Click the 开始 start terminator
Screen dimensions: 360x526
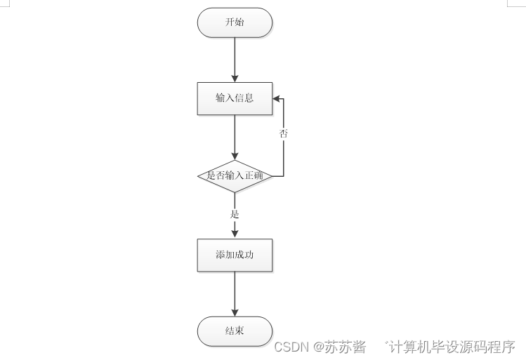[235, 22]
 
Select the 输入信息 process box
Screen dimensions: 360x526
[235, 98]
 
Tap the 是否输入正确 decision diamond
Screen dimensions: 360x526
[235, 176]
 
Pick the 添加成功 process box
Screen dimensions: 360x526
[235, 255]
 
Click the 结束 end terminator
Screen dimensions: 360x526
[235, 331]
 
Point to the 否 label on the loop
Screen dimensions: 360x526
[284, 133]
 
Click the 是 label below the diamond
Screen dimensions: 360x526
[235, 214]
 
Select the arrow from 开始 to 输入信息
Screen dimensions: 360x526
[235, 59]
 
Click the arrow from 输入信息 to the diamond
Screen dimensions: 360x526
[235, 137]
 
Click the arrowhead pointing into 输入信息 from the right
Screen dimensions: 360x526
[277, 98]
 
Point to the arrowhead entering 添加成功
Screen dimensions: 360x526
[235, 235]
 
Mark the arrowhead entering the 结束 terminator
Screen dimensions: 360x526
[235, 312]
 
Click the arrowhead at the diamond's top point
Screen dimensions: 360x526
[235, 156]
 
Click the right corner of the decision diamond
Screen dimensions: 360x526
[271, 176]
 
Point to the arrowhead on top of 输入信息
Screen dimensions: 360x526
[235, 78]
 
